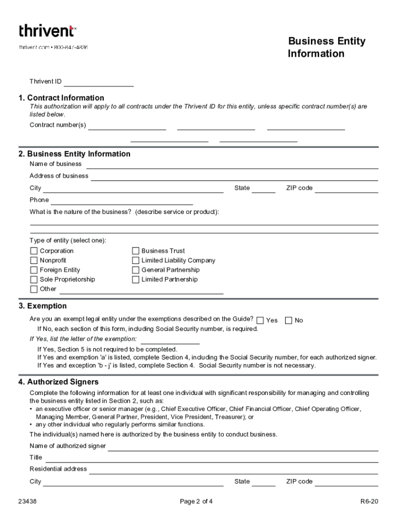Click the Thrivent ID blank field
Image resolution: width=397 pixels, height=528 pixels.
click(98, 82)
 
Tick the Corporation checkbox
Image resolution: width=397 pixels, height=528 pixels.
click(34, 251)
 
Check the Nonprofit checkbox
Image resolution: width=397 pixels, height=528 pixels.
click(34, 260)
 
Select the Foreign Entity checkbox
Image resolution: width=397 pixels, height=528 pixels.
click(34, 270)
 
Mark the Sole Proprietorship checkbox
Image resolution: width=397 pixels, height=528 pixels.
click(34, 279)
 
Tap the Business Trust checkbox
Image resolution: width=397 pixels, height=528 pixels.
click(136, 251)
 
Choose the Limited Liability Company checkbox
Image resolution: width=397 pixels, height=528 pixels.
click(136, 260)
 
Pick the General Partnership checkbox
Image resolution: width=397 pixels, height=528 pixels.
click(136, 270)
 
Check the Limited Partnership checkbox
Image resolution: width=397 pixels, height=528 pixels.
click(136, 279)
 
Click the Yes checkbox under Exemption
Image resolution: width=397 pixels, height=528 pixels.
click(260, 320)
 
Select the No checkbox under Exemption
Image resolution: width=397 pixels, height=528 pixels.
click(289, 320)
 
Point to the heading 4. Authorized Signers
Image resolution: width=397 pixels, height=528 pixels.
click(58, 382)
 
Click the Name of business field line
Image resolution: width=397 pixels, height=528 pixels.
click(232, 165)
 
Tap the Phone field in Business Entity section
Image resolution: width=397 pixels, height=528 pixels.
click(122, 201)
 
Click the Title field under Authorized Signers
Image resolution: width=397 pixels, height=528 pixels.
click(211, 458)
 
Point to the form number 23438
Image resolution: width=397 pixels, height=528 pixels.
click(26, 501)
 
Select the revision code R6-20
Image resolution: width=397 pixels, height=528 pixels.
click(369, 501)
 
